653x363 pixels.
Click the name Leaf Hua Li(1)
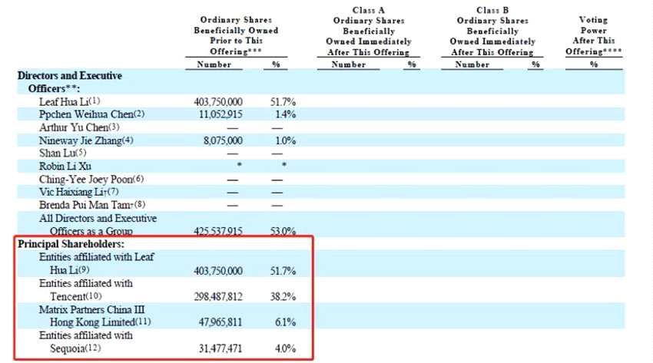[70, 101]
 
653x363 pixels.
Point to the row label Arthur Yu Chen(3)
[80, 127]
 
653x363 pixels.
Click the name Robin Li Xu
[65, 167]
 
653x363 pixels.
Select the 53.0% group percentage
[283, 231]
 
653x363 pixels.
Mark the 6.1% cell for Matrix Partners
[283, 322]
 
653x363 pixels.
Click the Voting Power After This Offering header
[593, 35]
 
